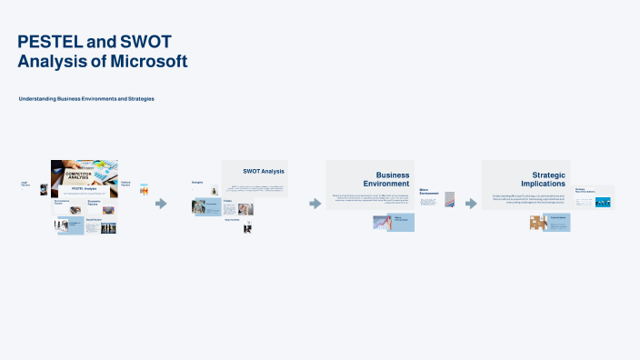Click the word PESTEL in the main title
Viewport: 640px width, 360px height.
[47, 42]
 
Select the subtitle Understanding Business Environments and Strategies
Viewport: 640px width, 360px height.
[86, 98]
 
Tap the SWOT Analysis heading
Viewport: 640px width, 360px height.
[264, 171]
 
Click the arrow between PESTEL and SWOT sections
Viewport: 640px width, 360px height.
[161, 204]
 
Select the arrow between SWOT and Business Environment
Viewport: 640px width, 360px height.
[315, 204]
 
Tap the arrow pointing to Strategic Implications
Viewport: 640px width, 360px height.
[471, 204]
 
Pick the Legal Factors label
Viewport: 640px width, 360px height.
[25, 185]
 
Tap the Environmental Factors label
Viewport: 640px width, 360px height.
[62, 202]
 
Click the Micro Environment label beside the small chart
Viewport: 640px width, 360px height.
[429, 193]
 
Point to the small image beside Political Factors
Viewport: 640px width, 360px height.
[144, 191]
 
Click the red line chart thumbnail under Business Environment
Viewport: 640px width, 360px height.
[382, 223]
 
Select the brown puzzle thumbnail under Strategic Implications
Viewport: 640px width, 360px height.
[537, 223]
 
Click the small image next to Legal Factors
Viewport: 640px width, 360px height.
[44, 190]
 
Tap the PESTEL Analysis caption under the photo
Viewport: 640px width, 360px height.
[84, 188]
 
